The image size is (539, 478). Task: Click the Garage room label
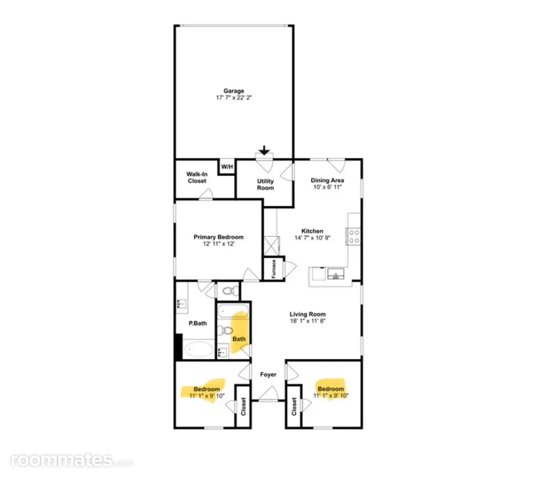(233, 90)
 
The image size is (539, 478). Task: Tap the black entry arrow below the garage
(264, 150)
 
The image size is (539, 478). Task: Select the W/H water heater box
(227, 167)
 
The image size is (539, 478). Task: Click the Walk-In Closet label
(197, 177)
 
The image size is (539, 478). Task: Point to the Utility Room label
(265, 184)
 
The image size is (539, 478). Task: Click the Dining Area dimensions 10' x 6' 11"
(327, 187)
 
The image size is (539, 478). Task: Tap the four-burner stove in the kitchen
(353, 236)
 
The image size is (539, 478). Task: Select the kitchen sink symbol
(336, 274)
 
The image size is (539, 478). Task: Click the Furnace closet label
(273, 269)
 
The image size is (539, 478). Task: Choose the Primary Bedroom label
(219, 237)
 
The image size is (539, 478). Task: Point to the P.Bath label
(197, 323)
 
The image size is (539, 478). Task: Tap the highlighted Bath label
(239, 339)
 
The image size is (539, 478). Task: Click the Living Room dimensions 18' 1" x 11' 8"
(307, 321)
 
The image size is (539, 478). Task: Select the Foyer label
(268, 374)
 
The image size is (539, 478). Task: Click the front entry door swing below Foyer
(268, 393)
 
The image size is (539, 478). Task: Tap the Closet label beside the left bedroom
(243, 406)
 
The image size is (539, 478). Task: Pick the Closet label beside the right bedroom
(294, 406)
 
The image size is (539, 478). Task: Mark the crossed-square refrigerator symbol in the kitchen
(271, 246)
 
